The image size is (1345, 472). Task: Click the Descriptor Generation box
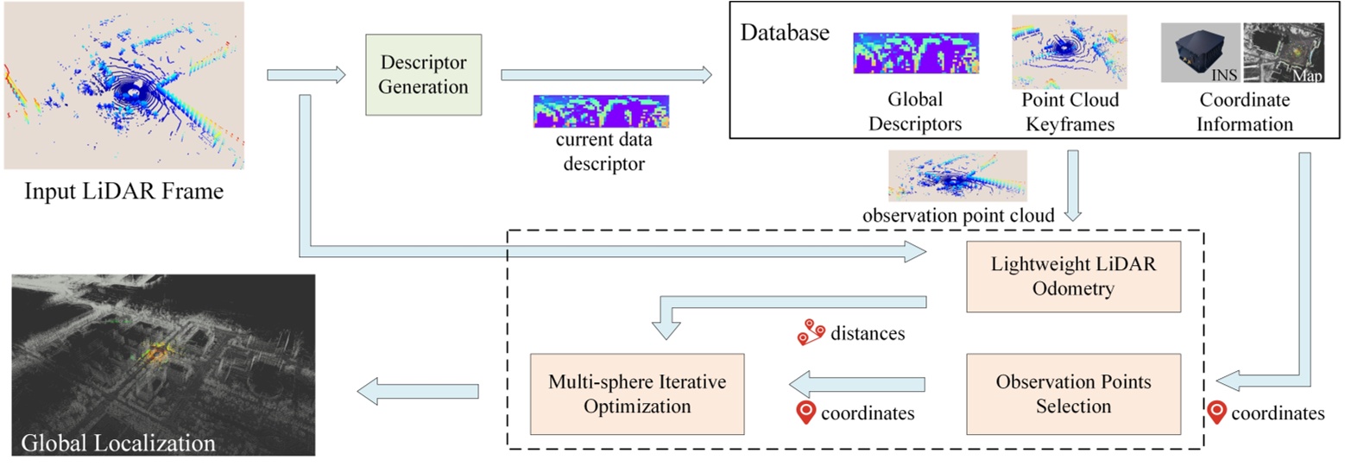(x=423, y=75)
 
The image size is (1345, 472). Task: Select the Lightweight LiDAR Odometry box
(x=1073, y=275)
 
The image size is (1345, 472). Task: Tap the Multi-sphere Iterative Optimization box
(x=637, y=393)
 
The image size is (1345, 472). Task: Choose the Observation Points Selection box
(x=1073, y=393)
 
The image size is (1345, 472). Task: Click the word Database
(x=785, y=34)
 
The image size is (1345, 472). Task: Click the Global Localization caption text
(x=117, y=444)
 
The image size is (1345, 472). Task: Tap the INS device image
(x=1200, y=53)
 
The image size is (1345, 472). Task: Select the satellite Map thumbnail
(x=1284, y=53)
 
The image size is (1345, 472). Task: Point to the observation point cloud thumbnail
(x=957, y=176)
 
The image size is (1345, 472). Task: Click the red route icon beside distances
(x=809, y=332)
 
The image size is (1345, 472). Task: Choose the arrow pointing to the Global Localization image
(x=419, y=391)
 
